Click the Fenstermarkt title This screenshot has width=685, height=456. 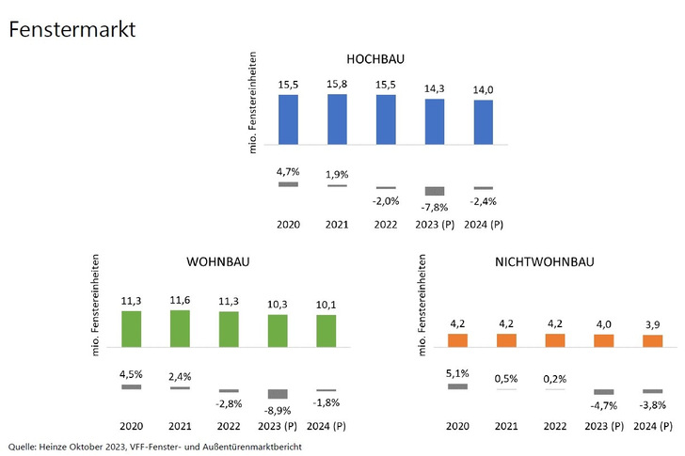pos(72,29)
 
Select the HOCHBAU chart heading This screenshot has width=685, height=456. pos(374,59)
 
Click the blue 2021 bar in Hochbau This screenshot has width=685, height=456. pos(337,119)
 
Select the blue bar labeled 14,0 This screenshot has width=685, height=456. pos(483,122)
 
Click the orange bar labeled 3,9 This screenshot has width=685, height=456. pos(653,341)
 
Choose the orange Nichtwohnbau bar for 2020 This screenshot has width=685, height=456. pos(457,340)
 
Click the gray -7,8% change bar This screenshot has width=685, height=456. pos(434,191)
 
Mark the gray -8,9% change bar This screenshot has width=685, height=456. pos(278,394)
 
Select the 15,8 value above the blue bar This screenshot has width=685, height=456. pos(337,85)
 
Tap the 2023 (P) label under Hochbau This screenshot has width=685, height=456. pos(434,225)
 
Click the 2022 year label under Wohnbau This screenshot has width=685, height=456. pos(229,425)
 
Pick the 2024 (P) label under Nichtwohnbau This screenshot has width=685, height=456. pos(653,425)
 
